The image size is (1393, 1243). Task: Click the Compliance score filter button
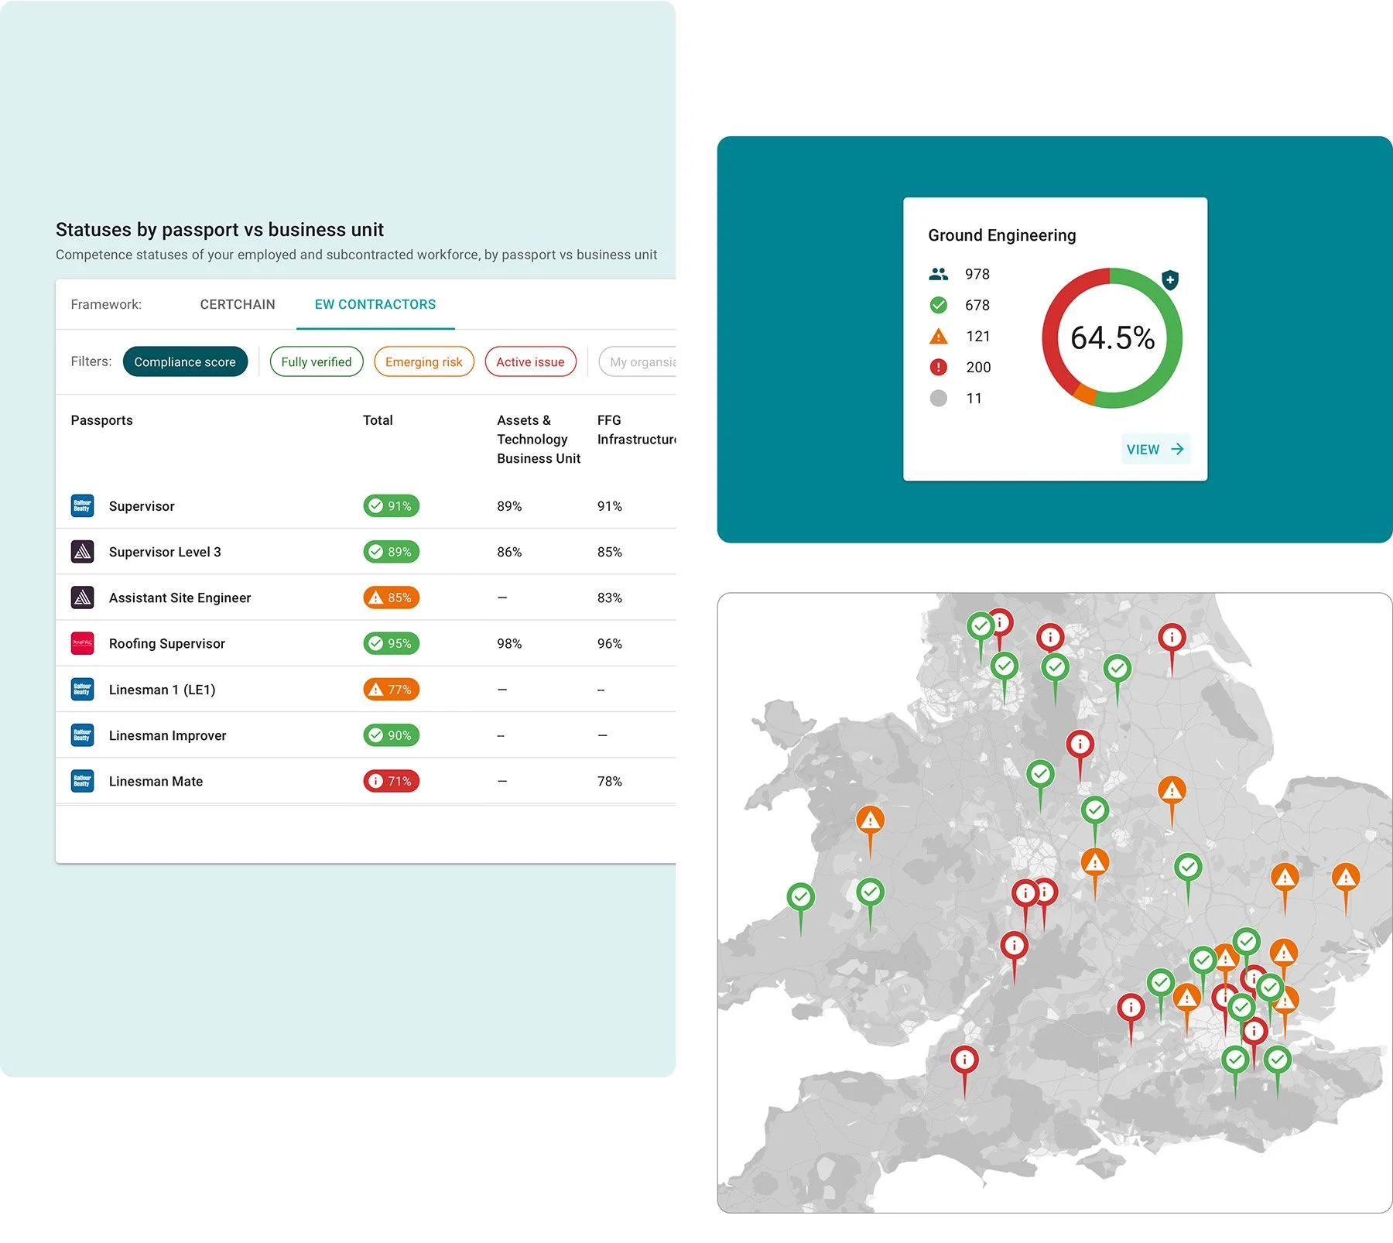(185, 361)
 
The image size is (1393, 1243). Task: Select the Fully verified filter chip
(316, 361)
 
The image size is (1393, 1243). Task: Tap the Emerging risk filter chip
(423, 361)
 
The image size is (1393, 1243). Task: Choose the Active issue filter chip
(530, 361)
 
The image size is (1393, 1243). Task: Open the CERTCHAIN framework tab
(238, 304)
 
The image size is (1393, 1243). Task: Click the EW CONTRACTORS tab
(375, 304)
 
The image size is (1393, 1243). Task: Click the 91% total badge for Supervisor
(391, 505)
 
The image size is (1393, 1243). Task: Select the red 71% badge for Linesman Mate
(391, 781)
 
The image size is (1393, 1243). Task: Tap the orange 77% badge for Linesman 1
(391, 689)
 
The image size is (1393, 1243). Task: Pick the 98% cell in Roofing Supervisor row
(509, 643)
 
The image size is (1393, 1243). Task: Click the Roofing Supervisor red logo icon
(82, 643)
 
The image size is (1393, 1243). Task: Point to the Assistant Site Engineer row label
(180, 598)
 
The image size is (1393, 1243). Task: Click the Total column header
(378, 420)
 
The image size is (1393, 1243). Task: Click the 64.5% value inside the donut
(1112, 337)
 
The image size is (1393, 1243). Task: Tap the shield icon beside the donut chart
(1170, 279)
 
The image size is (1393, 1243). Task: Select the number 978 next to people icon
(977, 274)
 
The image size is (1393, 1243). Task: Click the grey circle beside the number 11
(938, 398)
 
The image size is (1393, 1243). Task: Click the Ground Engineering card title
(1001, 235)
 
